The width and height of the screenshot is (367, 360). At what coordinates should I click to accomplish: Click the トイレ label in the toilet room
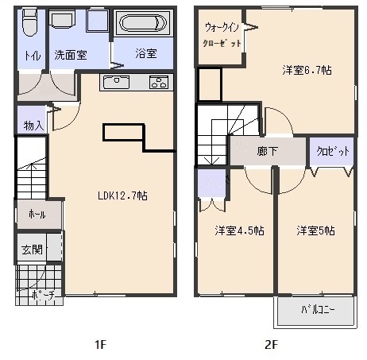click(x=33, y=55)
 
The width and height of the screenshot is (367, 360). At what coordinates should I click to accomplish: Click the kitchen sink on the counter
click(x=117, y=82)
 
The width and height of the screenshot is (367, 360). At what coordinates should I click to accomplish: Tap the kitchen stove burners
click(x=156, y=82)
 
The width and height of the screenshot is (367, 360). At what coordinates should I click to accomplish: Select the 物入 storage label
click(x=33, y=125)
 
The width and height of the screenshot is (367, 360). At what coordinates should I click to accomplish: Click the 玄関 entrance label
click(x=31, y=250)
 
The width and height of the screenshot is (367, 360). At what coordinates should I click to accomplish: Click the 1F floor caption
click(x=100, y=345)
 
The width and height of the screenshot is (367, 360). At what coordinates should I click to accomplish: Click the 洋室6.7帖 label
click(x=307, y=70)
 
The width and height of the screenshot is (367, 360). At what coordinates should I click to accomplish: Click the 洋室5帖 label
click(x=315, y=230)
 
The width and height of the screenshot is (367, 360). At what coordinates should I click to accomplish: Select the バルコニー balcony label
click(x=317, y=309)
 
